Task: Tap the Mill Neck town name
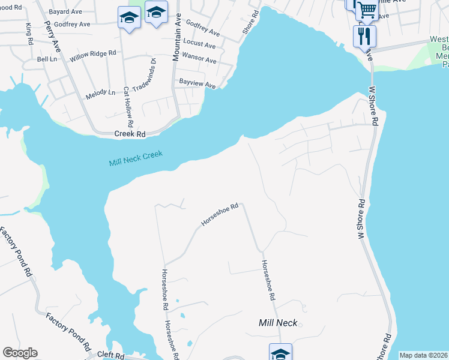pos(278,323)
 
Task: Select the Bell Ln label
pos(46,59)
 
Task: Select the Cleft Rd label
pos(112,356)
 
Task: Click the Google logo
pos(20,353)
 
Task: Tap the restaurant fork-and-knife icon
pos(364,36)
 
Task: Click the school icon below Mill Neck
pos(280,353)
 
